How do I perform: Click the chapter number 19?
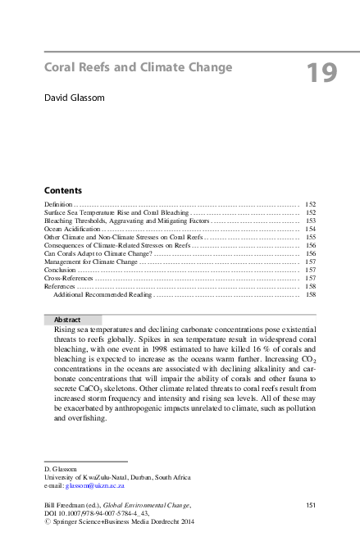(x=321, y=74)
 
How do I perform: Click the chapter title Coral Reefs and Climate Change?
(x=138, y=67)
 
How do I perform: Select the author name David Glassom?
(x=75, y=98)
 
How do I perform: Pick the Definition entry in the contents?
(x=58, y=202)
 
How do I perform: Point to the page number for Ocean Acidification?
(x=310, y=229)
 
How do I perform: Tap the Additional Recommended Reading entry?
(x=103, y=294)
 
